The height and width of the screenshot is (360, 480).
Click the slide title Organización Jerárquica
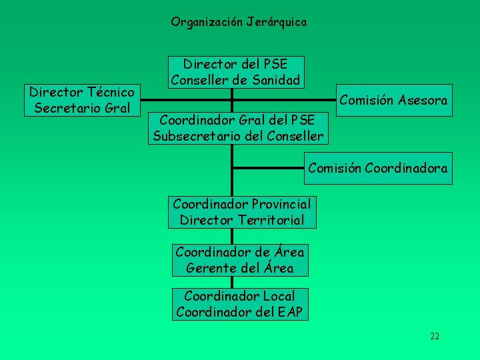239,22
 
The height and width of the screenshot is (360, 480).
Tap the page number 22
435,336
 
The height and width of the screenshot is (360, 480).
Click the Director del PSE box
236,72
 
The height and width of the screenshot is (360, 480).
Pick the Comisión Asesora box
393,100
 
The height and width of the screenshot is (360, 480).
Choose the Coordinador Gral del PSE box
238,128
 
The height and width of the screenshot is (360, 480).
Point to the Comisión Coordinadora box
377,168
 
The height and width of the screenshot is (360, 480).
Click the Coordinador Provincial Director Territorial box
241,211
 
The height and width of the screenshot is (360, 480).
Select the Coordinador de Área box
239,260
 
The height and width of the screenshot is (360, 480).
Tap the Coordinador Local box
239,303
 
